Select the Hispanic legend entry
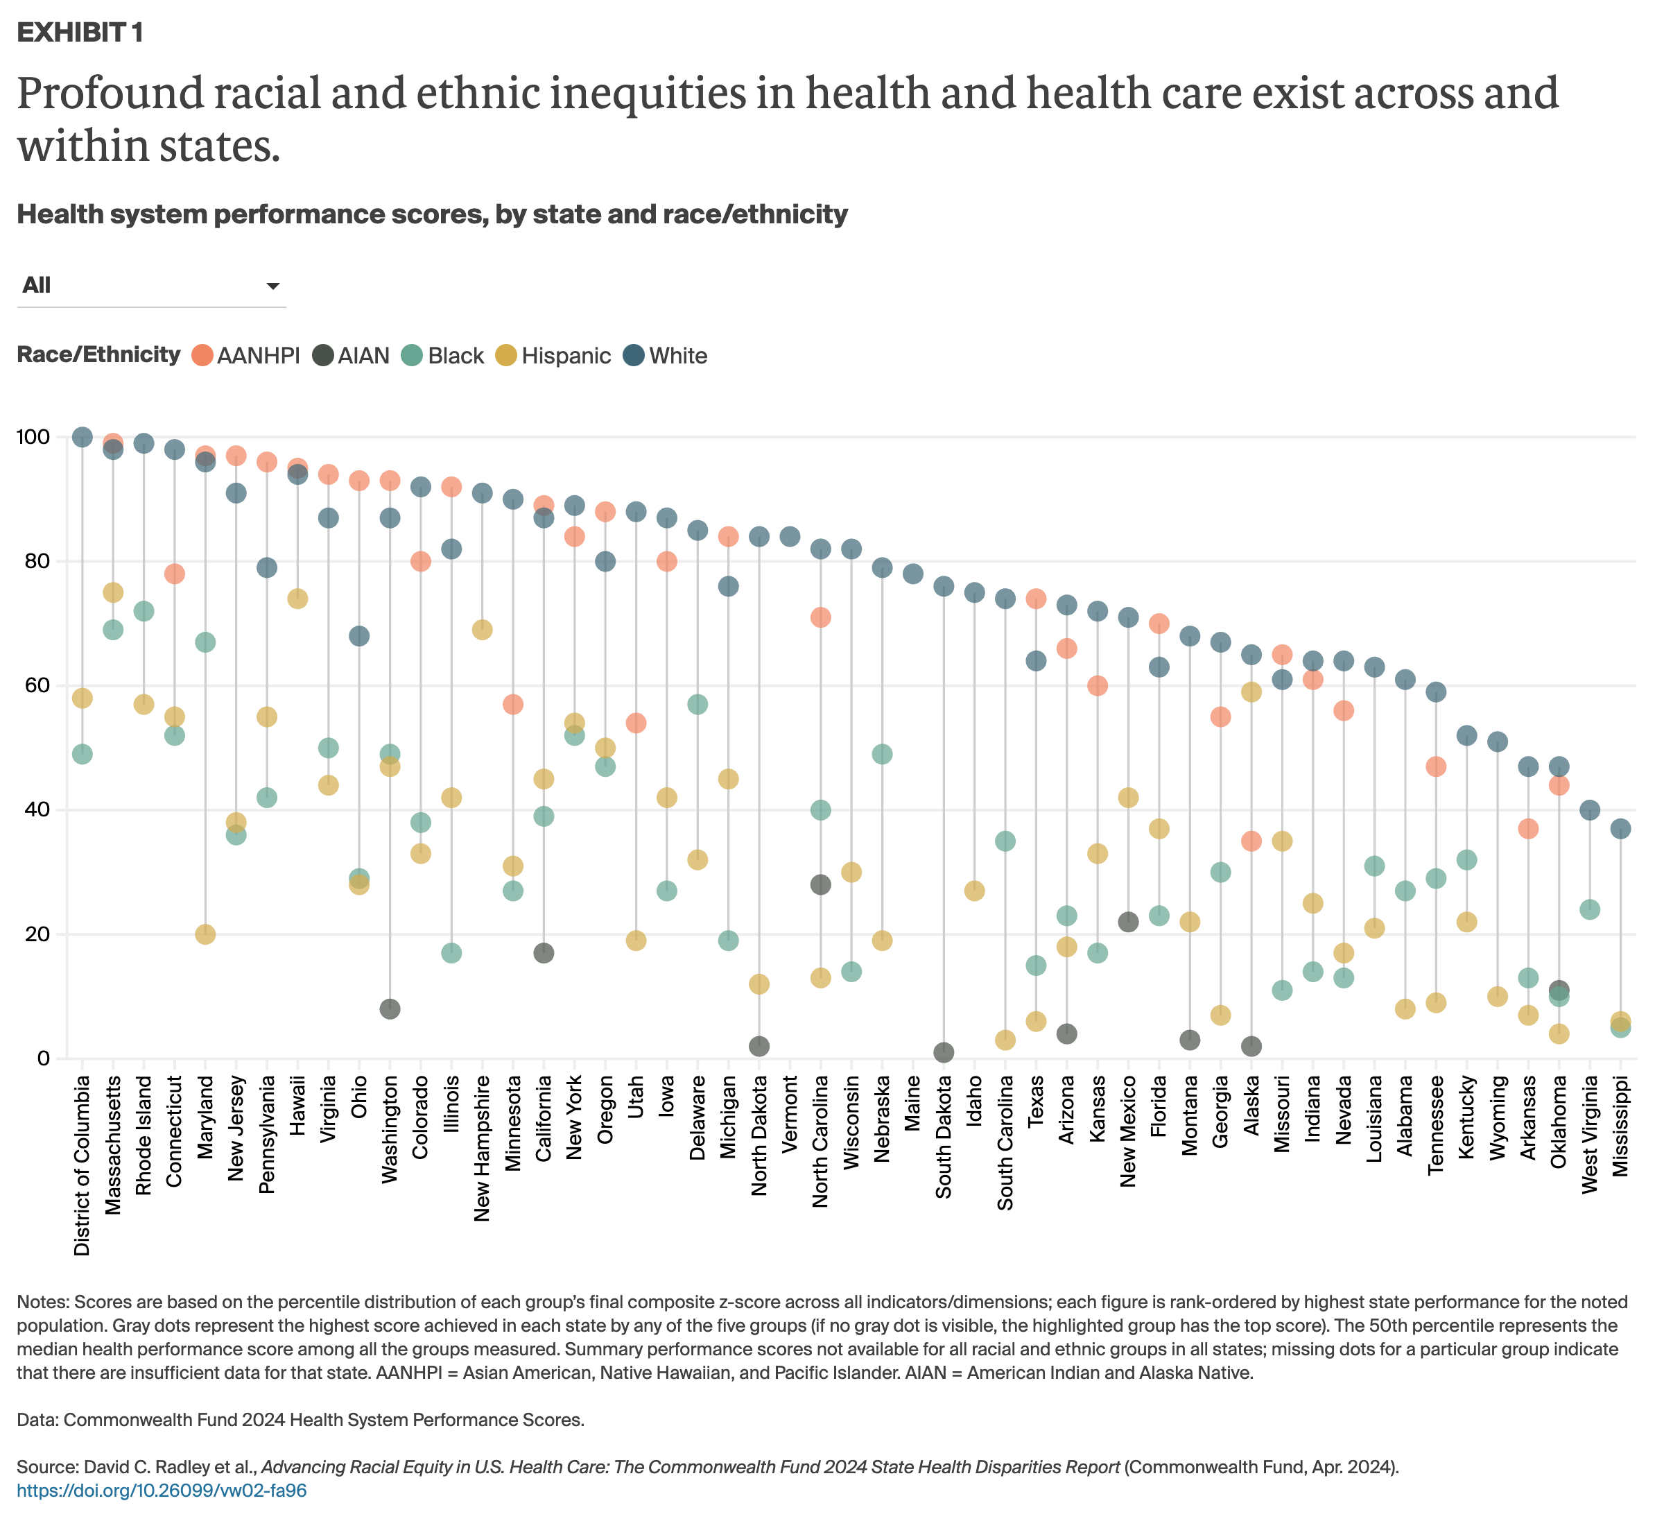[553, 356]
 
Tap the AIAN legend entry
[351, 356]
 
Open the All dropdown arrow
[272, 286]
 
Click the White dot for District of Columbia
[82, 437]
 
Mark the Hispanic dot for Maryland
[205, 934]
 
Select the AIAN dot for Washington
[390, 1009]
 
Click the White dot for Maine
[913, 574]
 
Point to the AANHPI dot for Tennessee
[1436, 766]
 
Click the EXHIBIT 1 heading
[80, 33]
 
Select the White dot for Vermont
[790, 537]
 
